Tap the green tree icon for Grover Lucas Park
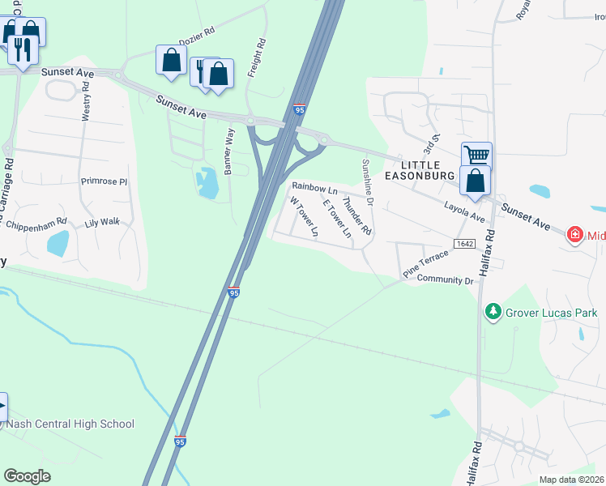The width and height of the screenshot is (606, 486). pos(493,312)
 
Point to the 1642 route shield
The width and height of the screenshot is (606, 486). pos(464,244)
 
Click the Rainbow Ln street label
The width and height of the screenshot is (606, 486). pos(314,187)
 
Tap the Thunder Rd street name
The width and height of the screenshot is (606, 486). pos(356,216)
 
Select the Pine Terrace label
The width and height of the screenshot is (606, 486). pos(425,265)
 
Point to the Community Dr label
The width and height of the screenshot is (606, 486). pos(444,279)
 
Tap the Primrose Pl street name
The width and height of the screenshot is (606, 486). pos(105,181)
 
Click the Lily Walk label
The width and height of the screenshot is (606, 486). pos(102,221)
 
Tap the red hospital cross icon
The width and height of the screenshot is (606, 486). pos(575,235)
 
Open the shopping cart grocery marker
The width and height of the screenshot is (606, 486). pos(476,154)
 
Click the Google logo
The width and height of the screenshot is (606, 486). pos(27,476)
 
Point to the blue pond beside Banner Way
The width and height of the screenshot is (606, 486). pos(207,183)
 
